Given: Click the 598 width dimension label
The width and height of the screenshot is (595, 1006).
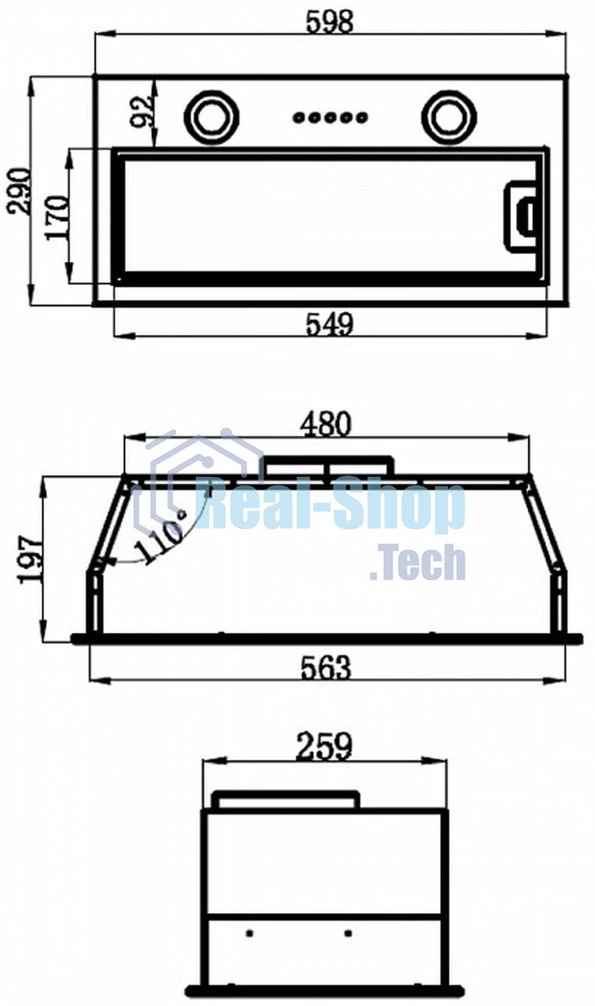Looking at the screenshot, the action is tap(329, 21).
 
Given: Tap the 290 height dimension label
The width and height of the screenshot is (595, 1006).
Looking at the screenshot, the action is tap(18, 191).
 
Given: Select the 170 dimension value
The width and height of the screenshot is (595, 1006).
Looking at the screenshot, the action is tap(58, 217).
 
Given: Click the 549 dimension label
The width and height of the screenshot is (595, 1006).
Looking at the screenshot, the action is tap(329, 324).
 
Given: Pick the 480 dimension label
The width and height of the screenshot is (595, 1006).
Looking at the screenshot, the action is tap(325, 424).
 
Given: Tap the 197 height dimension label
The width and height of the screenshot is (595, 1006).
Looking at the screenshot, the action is tap(30, 560).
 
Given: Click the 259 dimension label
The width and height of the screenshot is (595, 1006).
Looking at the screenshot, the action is tap(324, 746).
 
